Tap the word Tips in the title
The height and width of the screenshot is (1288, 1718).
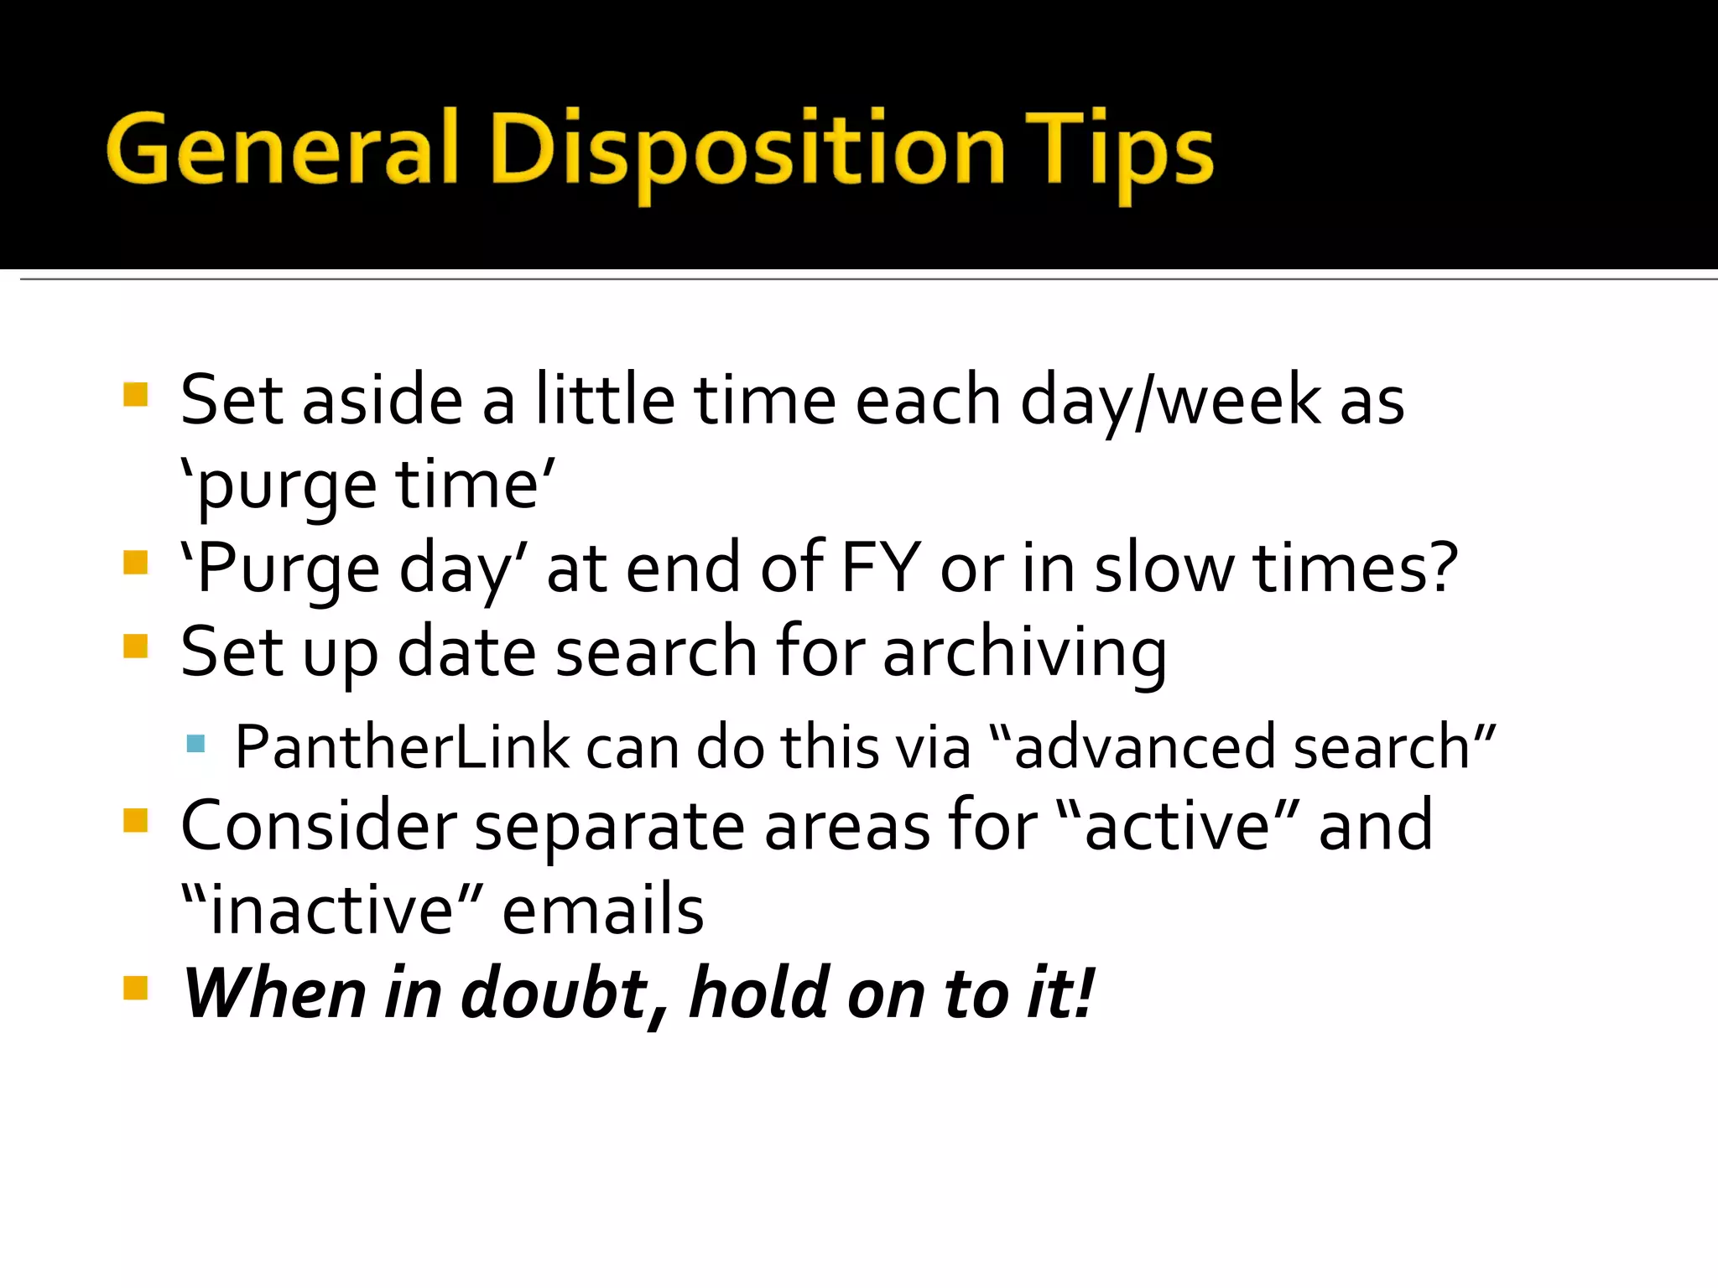[1119, 151]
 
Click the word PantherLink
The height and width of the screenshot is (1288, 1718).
[402, 745]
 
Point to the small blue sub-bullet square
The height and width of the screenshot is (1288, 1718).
[196, 743]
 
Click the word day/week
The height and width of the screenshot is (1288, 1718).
[1170, 401]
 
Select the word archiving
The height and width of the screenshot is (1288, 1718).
[1024, 652]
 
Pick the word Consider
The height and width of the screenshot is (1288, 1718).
[319, 825]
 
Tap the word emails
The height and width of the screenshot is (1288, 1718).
[603, 910]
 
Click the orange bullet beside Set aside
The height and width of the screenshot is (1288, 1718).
[135, 394]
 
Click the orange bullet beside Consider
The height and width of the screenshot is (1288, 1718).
[135, 820]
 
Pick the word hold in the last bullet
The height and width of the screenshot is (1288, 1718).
[760, 993]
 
